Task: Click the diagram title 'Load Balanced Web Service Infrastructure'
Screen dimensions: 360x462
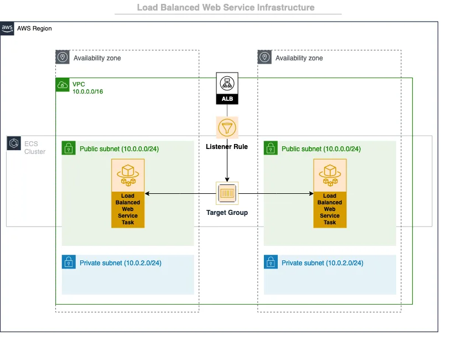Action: click(x=226, y=8)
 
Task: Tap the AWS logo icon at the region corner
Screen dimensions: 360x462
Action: click(x=7, y=28)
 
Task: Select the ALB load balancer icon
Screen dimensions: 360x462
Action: click(x=227, y=88)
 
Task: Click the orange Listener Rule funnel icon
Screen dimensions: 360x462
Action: click(x=227, y=128)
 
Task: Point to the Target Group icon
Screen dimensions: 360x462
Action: click(x=227, y=193)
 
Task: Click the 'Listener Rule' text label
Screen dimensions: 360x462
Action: click(x=227, y=147)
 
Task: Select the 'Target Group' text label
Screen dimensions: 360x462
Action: click(x=227, y=213)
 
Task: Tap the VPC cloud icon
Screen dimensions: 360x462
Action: click(x=63, y=85)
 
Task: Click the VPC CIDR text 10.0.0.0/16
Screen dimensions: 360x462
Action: click(x=87, y=91)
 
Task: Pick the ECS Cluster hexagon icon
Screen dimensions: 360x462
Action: click(x=14, y=143)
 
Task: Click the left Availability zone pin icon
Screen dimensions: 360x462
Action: click(x=63, y=57)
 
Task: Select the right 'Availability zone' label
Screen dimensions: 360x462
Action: click(x=299, y=58)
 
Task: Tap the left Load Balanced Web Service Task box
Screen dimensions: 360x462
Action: click(x=128, y=193)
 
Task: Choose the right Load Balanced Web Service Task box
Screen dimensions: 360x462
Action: click(x=330, y=193)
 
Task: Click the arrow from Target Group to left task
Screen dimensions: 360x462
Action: click(x=180, y=193)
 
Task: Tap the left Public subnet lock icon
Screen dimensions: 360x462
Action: click(x=69, y=148)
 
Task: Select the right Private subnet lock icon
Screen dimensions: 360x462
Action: click(x=271, y=262)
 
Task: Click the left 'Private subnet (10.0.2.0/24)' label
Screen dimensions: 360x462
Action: click(x=120, y=263)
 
